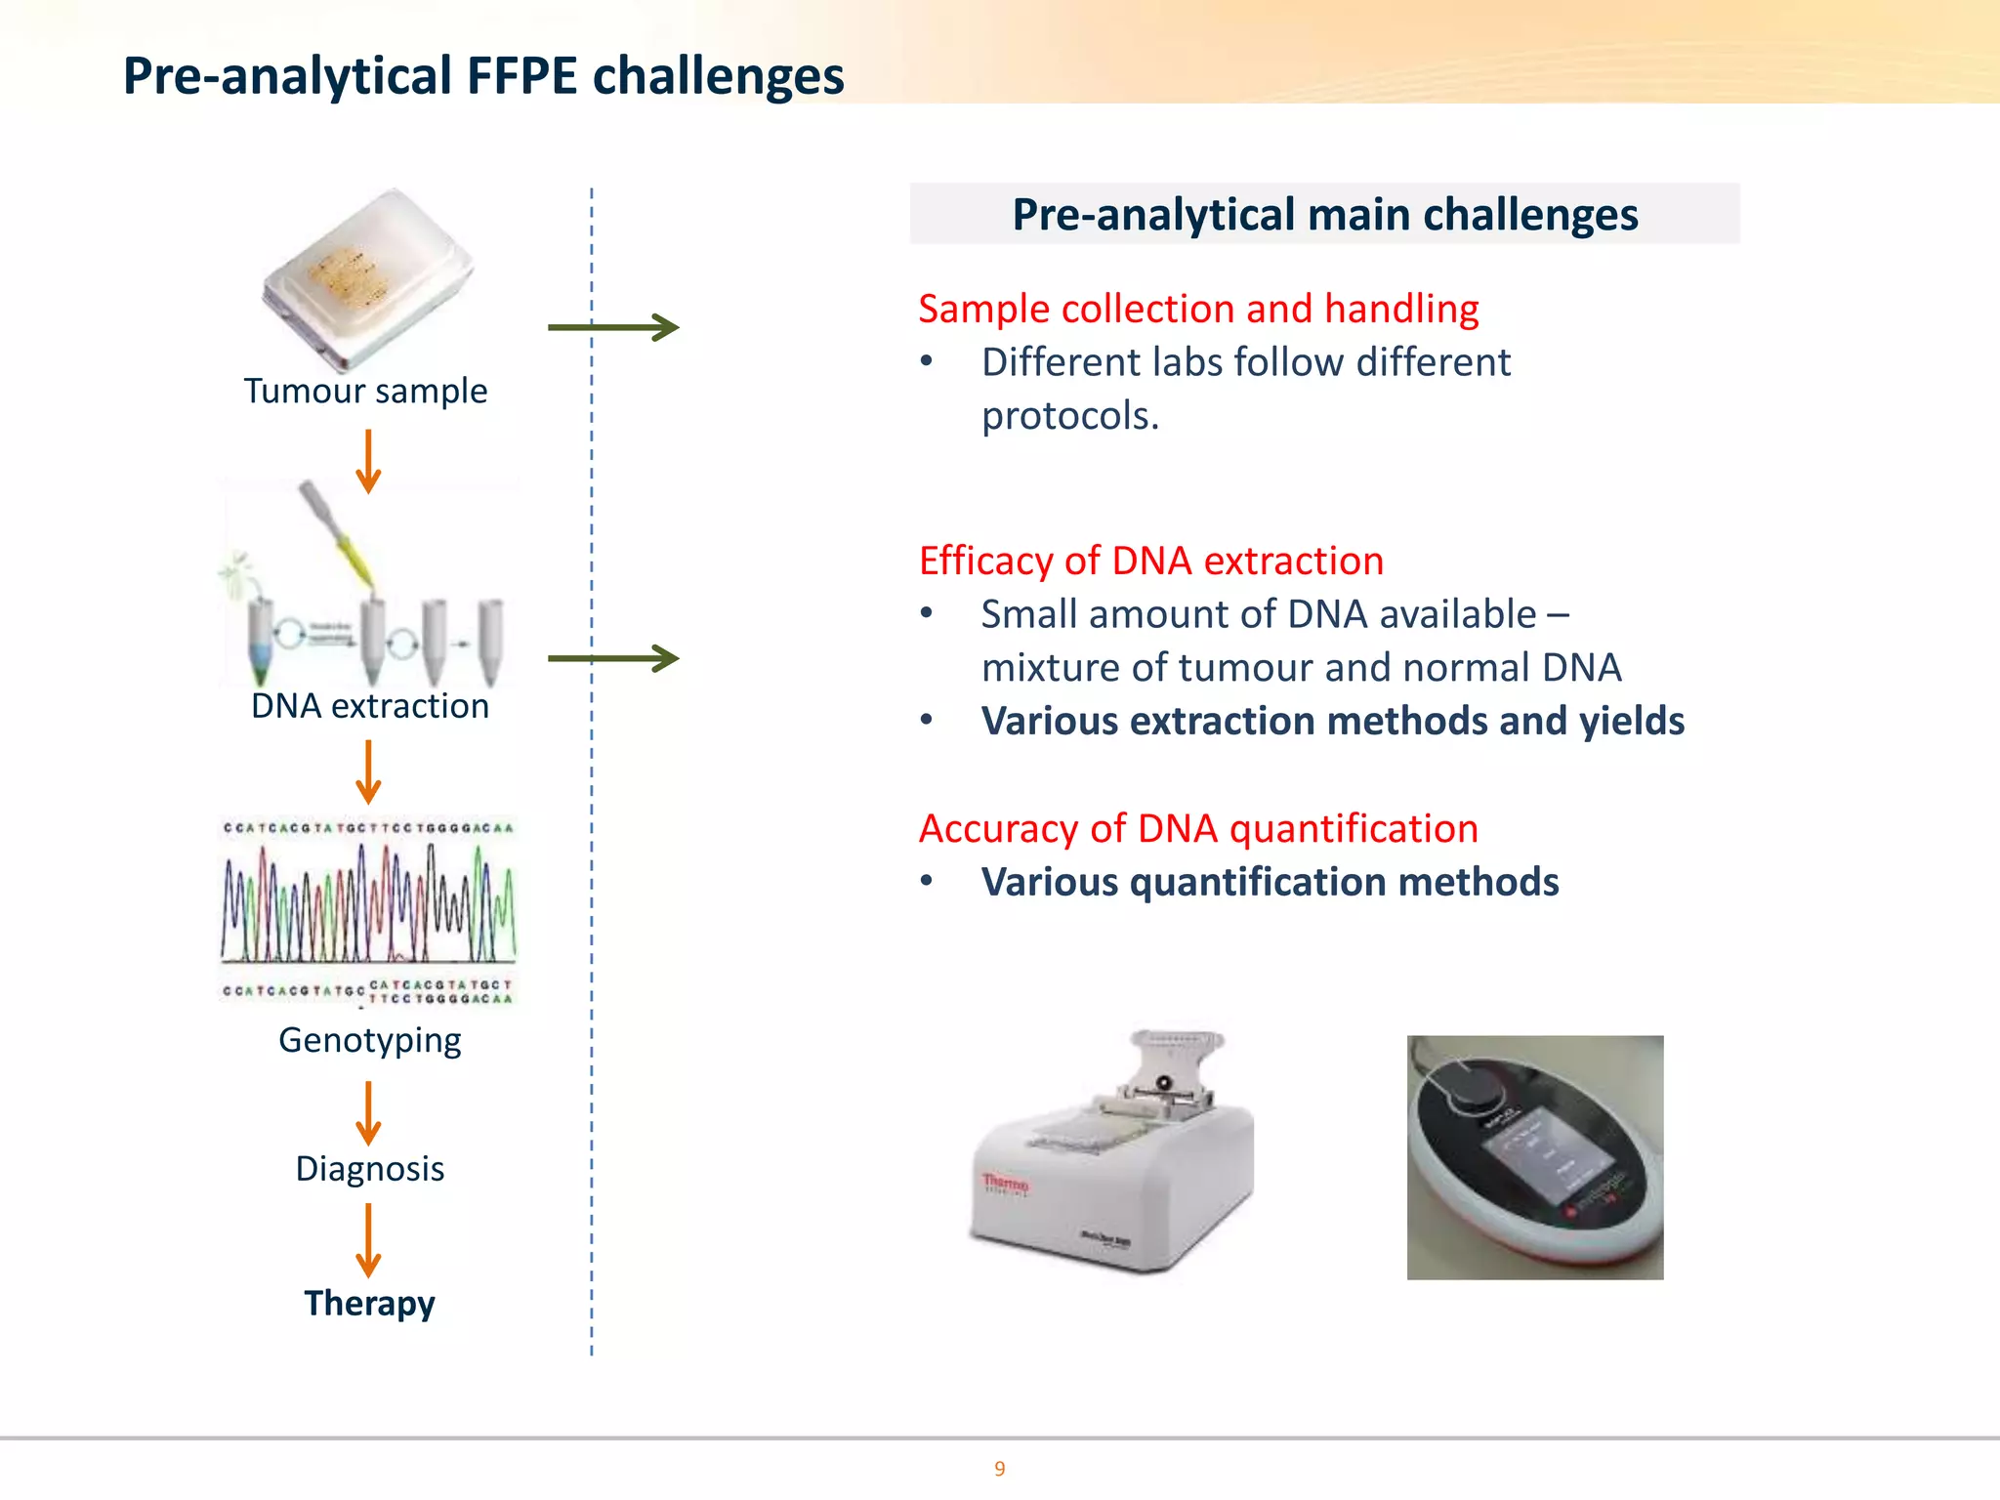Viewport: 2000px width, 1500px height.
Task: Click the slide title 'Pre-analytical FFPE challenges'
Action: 482,76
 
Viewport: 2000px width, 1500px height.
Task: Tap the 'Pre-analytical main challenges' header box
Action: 1324,214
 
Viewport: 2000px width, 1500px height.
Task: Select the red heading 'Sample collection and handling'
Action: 1198,309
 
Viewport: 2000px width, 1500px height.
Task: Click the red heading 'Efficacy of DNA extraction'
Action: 1150,561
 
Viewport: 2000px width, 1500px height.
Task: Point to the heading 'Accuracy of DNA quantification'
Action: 1198,828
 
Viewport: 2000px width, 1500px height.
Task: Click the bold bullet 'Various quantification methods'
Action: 1270,882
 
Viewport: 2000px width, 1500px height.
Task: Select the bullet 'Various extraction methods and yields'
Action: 1332,721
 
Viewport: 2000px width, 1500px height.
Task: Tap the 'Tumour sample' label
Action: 365,391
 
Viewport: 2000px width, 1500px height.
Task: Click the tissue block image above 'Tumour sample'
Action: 367,277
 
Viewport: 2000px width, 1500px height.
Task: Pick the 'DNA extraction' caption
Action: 369,706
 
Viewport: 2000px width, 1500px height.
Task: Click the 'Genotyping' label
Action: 369,1040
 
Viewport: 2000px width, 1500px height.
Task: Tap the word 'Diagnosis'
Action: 369,1169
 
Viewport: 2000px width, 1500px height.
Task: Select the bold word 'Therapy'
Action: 369,1303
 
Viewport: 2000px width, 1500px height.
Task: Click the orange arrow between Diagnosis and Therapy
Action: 368,1239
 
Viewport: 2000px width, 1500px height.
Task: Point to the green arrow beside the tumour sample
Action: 613,327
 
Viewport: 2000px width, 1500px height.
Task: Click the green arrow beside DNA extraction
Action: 613,658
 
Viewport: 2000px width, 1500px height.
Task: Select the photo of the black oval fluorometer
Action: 1534,1157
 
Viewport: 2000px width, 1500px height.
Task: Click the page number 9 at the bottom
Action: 999,1469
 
